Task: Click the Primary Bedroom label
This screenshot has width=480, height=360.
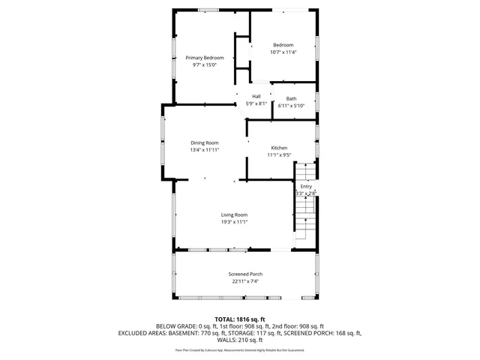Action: coord(205,58)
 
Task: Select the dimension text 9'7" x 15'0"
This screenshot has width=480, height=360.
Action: coord(205,65)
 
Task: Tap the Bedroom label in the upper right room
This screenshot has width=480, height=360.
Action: coord(283,45)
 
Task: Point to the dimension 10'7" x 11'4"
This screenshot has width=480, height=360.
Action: coord(283,52)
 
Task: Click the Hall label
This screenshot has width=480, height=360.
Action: coord(256,96)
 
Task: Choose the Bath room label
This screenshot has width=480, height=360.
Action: coord(291,99)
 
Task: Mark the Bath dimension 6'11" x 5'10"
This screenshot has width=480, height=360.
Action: coord(291,106)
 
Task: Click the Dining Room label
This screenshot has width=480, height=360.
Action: coord(204,142)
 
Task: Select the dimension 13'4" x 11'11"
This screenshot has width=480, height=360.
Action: coord(204,150)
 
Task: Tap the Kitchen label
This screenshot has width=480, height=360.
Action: coord(279,148)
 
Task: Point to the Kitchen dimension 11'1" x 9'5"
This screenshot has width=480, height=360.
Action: coord(279,155)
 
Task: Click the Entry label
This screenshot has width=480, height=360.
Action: coord(306,186)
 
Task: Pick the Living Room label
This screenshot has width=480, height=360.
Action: coord(234,214)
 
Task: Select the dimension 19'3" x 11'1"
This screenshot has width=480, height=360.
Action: coord(234,222)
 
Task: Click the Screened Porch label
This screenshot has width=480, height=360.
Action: coord(245,274)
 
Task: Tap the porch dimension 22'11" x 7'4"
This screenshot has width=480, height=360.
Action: coord(245,281)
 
